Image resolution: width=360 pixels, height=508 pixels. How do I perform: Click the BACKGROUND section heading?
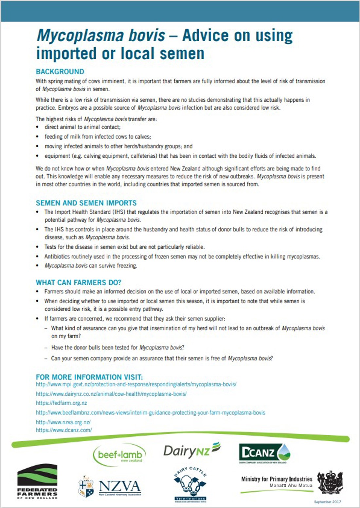coord(60,72)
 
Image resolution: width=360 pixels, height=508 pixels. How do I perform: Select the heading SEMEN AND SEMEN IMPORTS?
coord(86,203)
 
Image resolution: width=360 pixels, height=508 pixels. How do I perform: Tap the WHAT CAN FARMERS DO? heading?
coord(78,282)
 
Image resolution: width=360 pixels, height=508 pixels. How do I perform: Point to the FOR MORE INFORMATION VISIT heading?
coord(89,377)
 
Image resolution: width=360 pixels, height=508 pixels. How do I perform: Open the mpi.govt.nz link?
coord(136,384)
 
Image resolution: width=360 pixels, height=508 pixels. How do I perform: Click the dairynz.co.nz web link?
coord(111,394)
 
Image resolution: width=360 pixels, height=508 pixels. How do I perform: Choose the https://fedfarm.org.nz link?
coord(61,403)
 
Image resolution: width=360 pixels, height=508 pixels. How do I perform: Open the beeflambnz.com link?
coord(150,412)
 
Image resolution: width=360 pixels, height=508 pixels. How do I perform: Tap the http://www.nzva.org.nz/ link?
coord(63,422)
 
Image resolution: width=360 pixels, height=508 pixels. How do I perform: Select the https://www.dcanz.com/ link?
coord(64,430)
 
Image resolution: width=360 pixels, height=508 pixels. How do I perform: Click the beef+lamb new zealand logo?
coord(119,455)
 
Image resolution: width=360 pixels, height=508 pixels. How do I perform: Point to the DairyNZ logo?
coord(192,451)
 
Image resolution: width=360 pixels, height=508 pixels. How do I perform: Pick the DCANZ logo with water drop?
coord(264,453)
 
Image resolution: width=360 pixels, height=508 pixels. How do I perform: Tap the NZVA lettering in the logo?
coord(119,487)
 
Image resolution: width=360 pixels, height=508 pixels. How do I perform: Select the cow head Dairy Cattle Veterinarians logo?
coord(190,484)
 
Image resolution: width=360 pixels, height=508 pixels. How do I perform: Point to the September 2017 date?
coord(327,502)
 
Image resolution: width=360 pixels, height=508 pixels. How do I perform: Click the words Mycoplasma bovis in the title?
coord(101,35)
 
